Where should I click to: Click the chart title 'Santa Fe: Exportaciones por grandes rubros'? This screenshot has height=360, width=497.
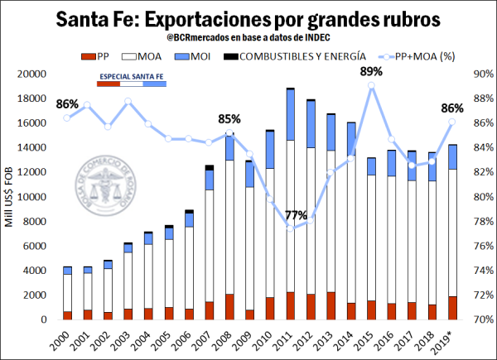[249, 17]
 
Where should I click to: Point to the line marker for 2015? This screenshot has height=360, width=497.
[372, 85]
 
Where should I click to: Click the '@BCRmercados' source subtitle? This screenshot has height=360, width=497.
[248, 37]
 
